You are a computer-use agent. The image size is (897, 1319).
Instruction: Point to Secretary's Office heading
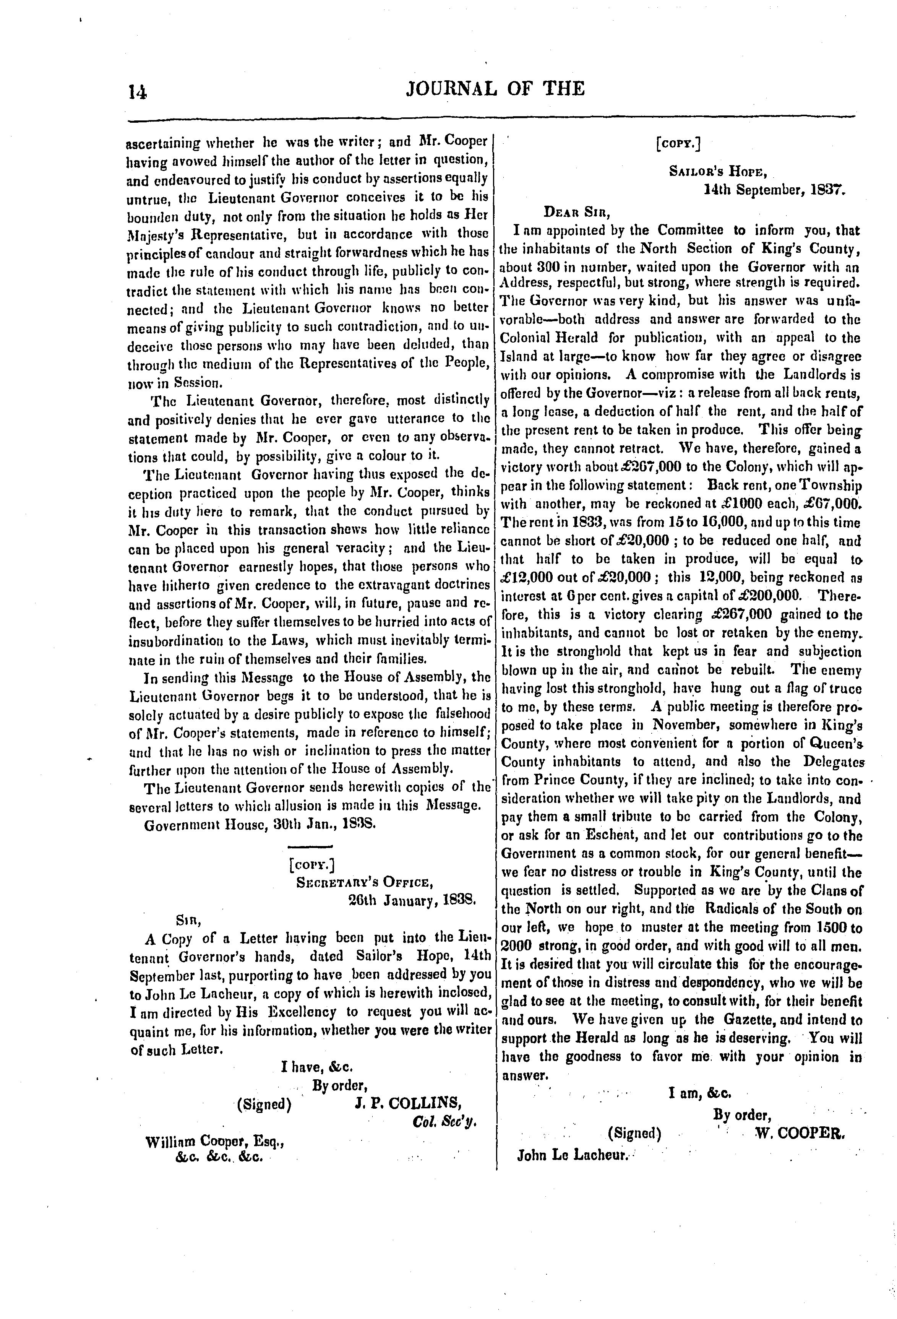[x=365, y=882]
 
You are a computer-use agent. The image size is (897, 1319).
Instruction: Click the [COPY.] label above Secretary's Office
[x=311, y=865]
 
